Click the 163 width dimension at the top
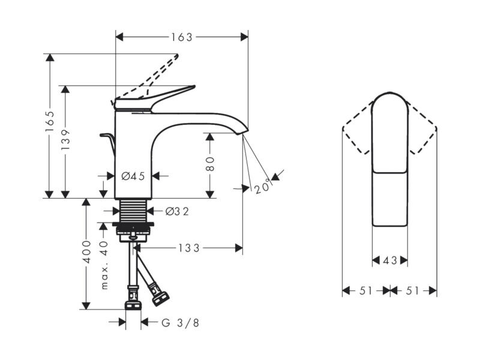[x=182, y=37]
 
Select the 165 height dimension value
[x=50, y=121]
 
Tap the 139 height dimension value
[x=65, y=139]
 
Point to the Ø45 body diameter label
[x=133, y=176]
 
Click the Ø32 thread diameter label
[x=177, y=211]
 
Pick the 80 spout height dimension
[x=210, y=164]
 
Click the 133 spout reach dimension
[x=189, y=248]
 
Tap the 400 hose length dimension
[x=86, y=252]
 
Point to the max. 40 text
[x=104, y=265]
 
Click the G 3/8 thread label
[x=181, y=323]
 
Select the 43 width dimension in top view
[x=390, y=260]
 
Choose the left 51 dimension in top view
[x=366, y=290]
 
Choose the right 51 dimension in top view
[x=412, y=290]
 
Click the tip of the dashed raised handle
[x=176, y=55]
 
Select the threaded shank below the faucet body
[x=133, y=211]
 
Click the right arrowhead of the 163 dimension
[x=244, y=37]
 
